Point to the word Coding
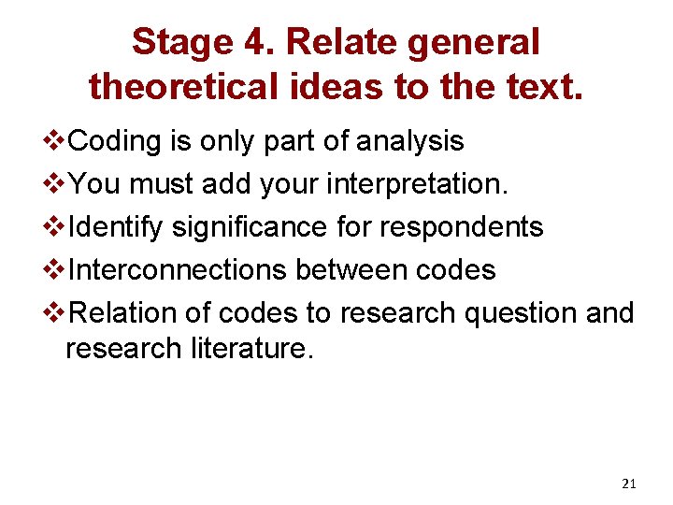118,141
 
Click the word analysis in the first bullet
410,141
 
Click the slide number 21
628,483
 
